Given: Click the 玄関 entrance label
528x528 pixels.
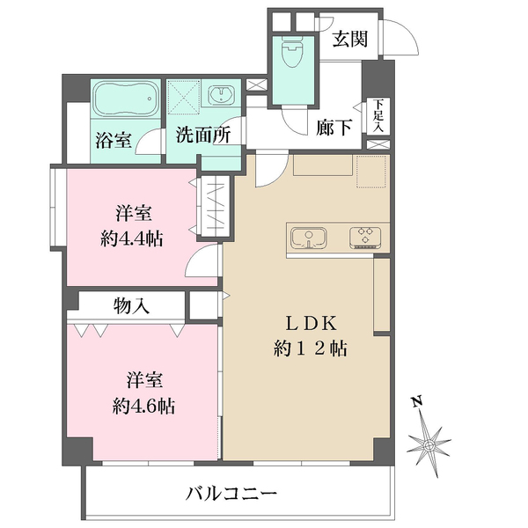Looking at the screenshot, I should (x=349, y=40).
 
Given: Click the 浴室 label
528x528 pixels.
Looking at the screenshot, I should (x=114, y=139).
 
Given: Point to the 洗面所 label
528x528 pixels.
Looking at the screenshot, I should (x=202, y=136).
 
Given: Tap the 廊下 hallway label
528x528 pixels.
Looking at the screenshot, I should (x=334, y=128).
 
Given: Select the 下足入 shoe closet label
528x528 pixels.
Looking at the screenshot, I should (x=378, y=115).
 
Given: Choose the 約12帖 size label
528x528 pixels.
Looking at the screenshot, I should (x=309, y=348).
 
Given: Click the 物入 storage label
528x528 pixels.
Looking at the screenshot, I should (x=131, y=305).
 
